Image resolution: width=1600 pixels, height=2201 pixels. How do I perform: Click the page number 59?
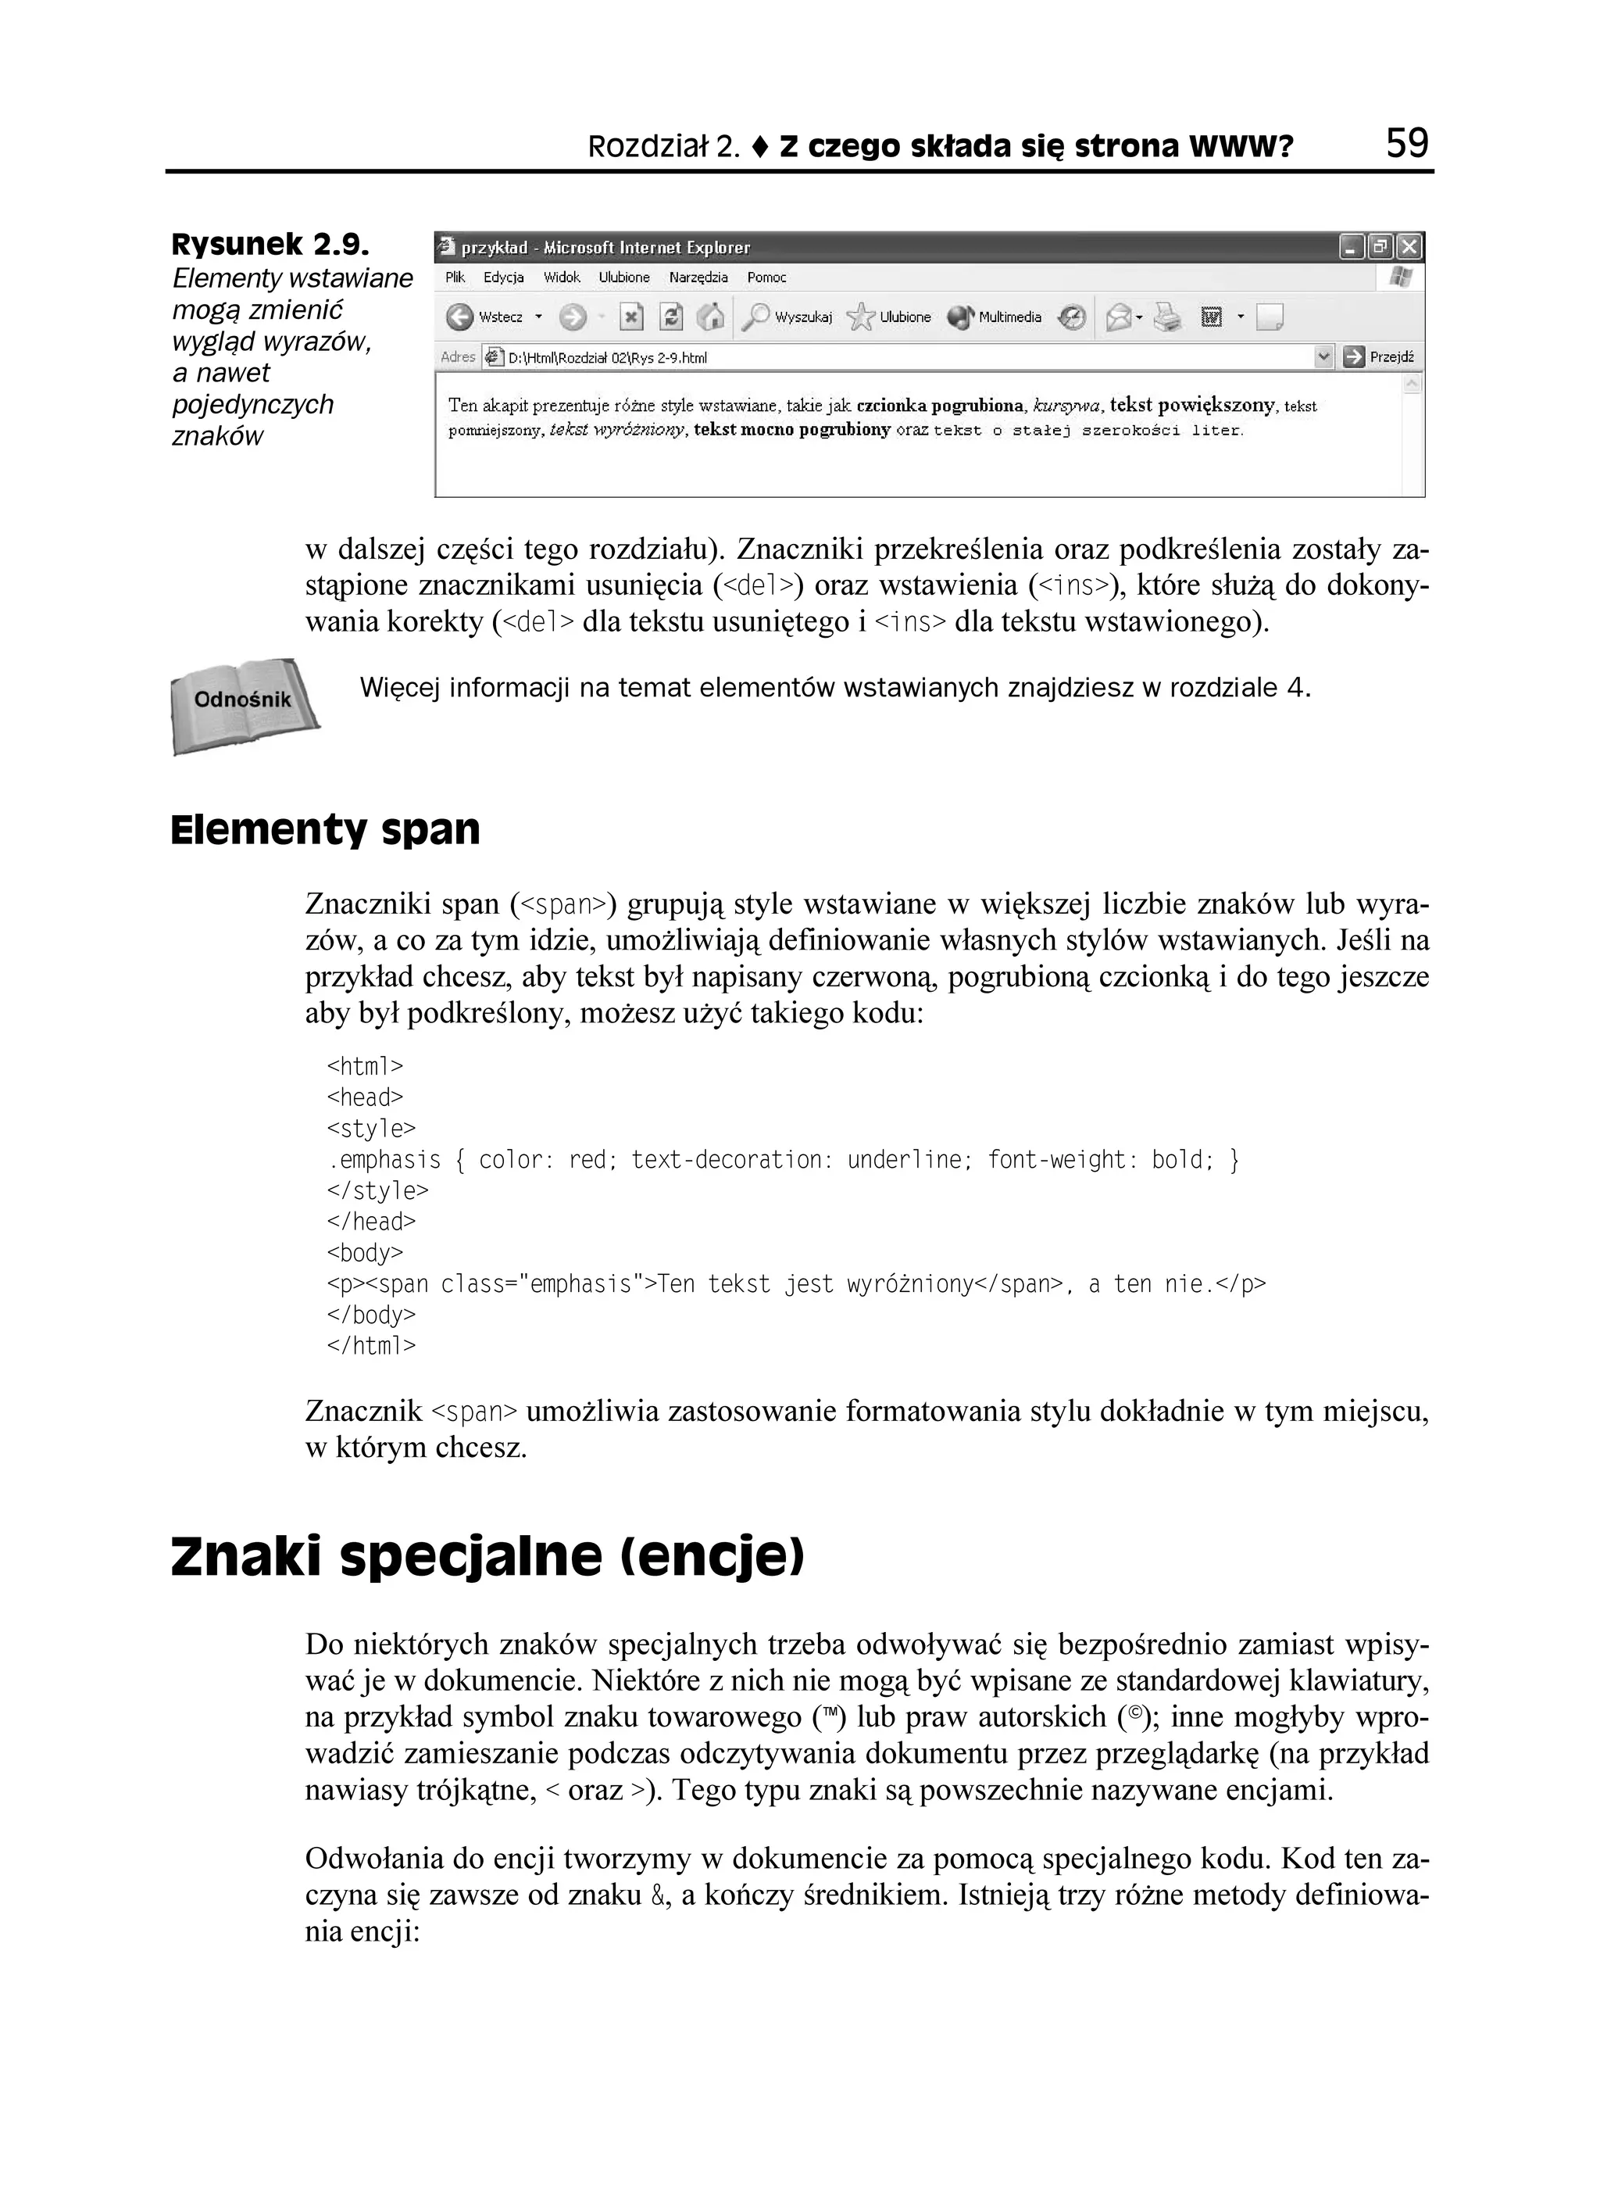(1407, 144)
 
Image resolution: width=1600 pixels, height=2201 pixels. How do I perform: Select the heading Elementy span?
(325, 831)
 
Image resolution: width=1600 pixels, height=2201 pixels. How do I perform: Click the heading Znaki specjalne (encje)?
(487, 1558)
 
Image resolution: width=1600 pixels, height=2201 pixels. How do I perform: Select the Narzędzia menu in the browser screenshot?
(698, 277)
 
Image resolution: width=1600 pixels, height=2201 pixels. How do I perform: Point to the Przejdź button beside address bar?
(1380, 357)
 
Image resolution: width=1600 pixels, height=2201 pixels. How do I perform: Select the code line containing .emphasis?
(782, 1161)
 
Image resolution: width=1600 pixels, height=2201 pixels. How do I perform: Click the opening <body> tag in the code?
(365, 1253)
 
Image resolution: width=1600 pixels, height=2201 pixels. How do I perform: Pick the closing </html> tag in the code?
(370, 1346)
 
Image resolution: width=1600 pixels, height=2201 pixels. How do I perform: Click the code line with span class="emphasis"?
(795, 1285)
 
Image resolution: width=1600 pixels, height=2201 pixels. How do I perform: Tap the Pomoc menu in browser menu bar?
(766, 277)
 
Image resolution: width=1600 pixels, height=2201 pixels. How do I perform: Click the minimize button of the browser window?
(1351, 248)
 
